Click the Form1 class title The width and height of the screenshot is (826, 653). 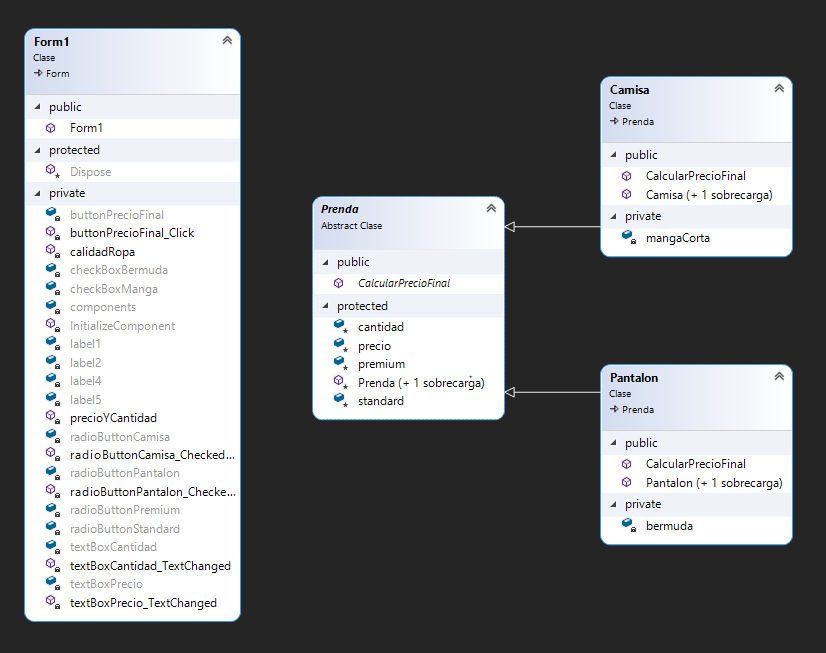click(52, 42)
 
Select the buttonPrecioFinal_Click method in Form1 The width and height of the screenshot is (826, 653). click(132, 233)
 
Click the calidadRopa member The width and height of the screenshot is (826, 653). click(102, 252)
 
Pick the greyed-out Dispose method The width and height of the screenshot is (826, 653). click(90, 172)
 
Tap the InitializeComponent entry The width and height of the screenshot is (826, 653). click(122, 326)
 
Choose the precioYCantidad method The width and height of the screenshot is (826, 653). click(113, 418)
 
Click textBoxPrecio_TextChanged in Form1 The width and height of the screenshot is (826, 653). click(143, 603)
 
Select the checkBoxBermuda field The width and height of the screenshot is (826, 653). click(118, 270)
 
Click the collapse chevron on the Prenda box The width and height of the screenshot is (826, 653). click(491, 208)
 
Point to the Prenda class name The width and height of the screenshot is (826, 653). click(340, 209)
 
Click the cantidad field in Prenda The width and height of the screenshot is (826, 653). click(380, 327)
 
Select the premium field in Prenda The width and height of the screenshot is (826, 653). click(381, 364)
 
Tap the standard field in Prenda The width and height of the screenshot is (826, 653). click(381, 401)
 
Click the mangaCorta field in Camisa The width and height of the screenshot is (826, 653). click(678, 238)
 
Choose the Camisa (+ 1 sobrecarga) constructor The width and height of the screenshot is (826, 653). click(709, 194)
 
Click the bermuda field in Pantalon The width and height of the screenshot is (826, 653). click(669, 526)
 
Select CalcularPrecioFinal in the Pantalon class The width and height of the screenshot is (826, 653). click(696, 464)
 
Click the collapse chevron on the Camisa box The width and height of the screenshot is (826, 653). click(779, 88)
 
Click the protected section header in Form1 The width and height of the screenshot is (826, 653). click(74, 150)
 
